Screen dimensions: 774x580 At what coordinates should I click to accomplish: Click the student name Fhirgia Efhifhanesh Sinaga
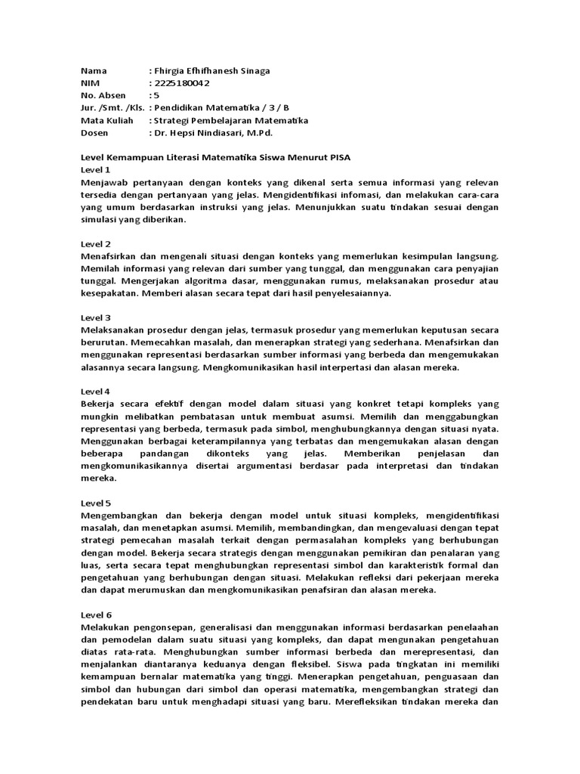[x=211, y=71]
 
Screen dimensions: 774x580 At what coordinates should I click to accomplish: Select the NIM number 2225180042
[x=181, y=83]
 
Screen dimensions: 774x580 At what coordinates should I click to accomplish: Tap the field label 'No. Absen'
[x=103, y=95]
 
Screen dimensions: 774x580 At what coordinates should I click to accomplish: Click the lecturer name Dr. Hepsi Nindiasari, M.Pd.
[x=212, y=132]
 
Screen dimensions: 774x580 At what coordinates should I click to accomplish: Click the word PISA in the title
[x=338, y=157]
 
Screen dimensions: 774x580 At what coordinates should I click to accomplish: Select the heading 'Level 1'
[x=96, y=170]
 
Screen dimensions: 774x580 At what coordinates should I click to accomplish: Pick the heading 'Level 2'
[x=96, y=244]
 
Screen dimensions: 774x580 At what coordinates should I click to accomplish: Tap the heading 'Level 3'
[x=96, y=317]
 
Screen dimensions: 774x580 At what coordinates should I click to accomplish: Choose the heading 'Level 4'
[x=96, y=391]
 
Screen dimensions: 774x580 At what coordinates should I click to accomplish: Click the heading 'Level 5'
[x=96, y=502]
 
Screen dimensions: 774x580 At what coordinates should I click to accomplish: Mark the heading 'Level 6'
[x=96, y=615]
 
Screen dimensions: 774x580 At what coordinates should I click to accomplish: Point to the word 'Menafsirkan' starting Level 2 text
[x=112, y=257]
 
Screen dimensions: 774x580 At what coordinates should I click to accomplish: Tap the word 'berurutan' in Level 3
[x=104, y=343]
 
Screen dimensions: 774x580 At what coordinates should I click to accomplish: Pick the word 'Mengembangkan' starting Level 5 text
[x=122, y=515]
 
